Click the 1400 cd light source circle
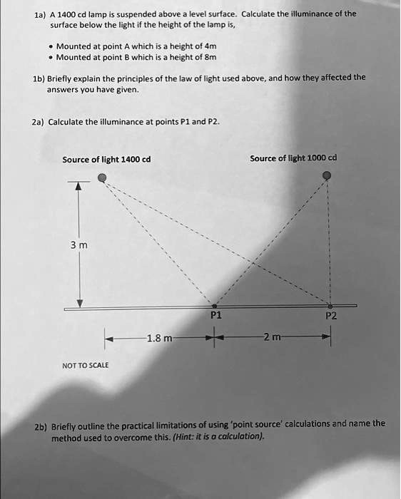[103, 178]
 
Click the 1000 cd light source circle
[328, 175]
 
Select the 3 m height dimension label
[78, 246]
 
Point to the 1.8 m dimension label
[158, 338]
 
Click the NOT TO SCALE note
[84, 366]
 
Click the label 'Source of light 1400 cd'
[106, 159]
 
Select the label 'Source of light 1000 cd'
[293, 158]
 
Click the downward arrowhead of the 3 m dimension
[80, 302]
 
